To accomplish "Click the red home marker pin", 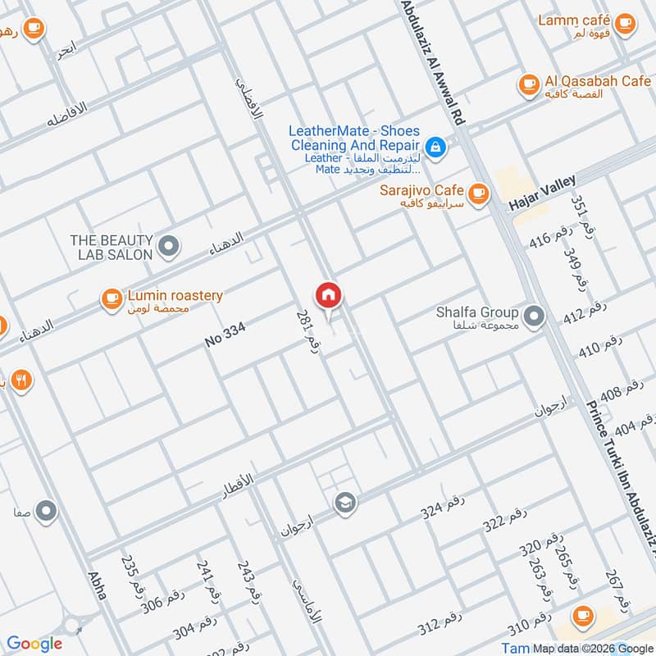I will [x=328, y=295].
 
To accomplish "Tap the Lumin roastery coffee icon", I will [x=112, y=299].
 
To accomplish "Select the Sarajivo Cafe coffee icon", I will [x=479, y=194].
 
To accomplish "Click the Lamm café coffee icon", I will [x=625, y=25].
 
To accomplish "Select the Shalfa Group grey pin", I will [x=534, y=316].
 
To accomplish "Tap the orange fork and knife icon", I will [x=21, y=380].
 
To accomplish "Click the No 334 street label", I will [x=225, y=334].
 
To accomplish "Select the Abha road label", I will [x=97, y=585].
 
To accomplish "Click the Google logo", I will [x=34, y=644].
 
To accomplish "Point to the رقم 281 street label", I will [x=307, y=331].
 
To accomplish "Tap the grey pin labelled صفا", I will [x=47, y=512].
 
